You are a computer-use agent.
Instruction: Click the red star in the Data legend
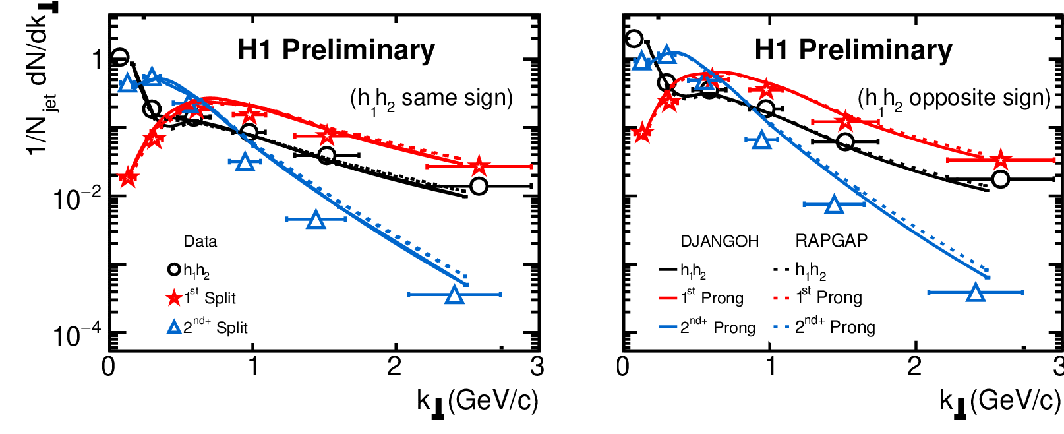point(173,298)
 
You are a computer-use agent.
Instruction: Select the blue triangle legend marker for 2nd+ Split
point(174,327)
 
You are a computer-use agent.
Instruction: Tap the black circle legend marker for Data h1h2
point(174,269)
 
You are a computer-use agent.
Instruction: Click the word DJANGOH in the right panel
point(719,241)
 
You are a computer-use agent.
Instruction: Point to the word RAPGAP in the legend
point(831,241)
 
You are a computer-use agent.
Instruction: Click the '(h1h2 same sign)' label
point(431,99)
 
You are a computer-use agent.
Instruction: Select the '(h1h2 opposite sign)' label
point(953,99)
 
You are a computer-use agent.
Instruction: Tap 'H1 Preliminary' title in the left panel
point(336,50)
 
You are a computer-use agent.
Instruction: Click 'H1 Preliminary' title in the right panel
point(853,50)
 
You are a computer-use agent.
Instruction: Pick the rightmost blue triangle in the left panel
point(454,295)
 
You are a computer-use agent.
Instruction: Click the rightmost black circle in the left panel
point(479,187)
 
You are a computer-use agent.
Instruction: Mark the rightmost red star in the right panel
point(1001,160)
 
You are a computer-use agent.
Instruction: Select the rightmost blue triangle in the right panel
point(976,293)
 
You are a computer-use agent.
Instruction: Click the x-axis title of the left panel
point(477,401)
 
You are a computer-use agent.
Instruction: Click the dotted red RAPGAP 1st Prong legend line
point(781,299)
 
